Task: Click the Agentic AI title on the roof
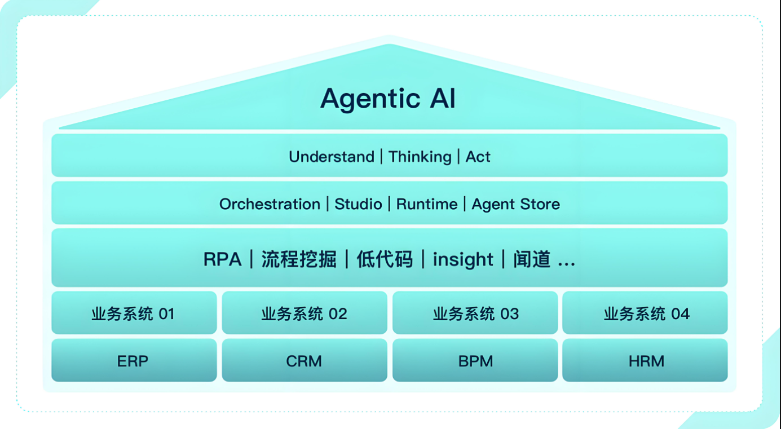tap(388, 99)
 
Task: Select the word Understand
tap(331, 157)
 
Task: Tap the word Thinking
tap(420, 157)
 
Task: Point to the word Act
tap(478, 157)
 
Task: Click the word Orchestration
tap(270, 204)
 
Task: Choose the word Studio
tap(358, 204)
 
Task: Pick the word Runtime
tap(427, 204)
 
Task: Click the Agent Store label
tap(515, 204)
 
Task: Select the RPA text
tap(222, 259)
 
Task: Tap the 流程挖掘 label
tap(299, 259)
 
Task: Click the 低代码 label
tap(385, 259)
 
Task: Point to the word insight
tap(463, 259)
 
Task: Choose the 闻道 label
tap(532, 259)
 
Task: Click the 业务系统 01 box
tap(134, 313)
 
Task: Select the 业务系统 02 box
tap(305, 313)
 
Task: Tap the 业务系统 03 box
tap(475, 313)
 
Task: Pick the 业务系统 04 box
tap(646, 313)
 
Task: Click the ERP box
tap(134, 361)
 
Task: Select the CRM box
tap(305, 361)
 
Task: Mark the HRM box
tap(646, 361)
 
